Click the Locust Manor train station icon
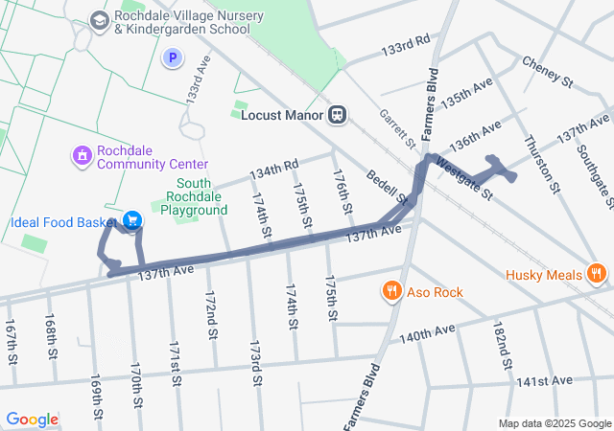click(x=337, y=115)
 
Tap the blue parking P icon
click(x=172, y=58)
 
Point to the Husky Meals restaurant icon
click(x=597, y=275)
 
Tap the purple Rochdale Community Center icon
click(x=83, y=153)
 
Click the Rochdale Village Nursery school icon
click(x=99, y=20)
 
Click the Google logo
click(x=32, y=419)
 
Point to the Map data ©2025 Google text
click(x=554, y=423)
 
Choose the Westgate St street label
click(x=463, y=179)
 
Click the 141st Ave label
click(x=542, y=381)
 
